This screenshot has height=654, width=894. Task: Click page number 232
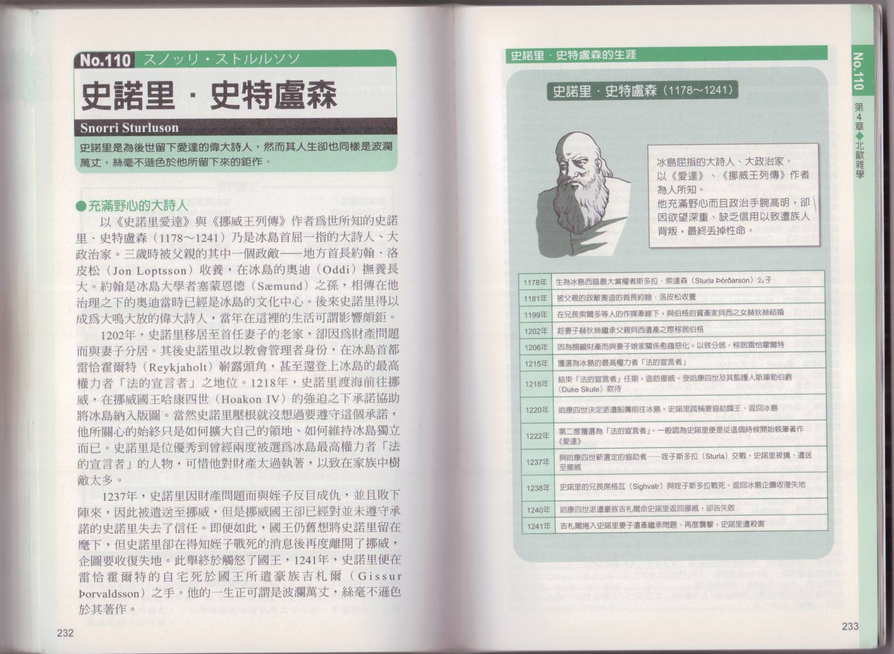pos(65,633)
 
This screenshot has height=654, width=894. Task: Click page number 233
pos(850,626)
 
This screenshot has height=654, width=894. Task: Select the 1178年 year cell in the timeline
pos(535,282)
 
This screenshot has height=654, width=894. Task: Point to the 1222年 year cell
pos(537,436)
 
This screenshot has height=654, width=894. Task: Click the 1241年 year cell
pos(538,525)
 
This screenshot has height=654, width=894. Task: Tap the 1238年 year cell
pos(538,488)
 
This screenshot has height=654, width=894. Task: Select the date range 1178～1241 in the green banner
pos(696,91)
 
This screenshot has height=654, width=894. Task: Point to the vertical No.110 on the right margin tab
pos(858,72)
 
